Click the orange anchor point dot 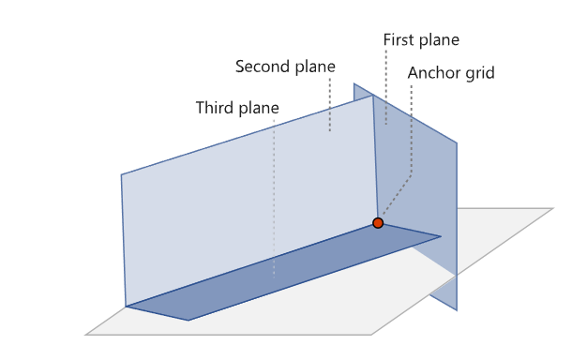pos(378,223)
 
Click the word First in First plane pos(398,39)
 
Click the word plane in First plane pos(437,40)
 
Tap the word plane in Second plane pos(315,67)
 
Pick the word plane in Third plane pos(259,109)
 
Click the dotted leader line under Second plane pos(330,104)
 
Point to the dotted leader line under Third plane pos(274,199)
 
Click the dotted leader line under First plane pos(386,87)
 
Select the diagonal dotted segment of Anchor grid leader pos(397,195)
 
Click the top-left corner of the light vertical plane pos(121,174)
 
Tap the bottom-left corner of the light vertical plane pos(126,307)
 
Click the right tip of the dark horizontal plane pos(441,236)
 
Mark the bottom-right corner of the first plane pos(457,310)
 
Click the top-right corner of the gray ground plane pos(553,208)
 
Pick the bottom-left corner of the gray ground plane pos(85,335)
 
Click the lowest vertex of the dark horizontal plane pos(188,321)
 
